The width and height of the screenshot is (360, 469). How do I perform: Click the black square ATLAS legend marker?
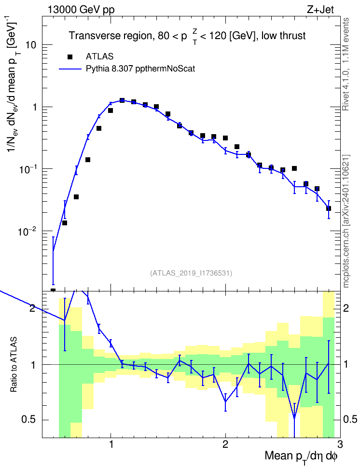[x=70, y=57]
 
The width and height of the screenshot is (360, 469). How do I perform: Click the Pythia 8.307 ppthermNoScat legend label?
[x=140, y=69]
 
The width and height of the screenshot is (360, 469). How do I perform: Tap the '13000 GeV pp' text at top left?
[x=81, y=10]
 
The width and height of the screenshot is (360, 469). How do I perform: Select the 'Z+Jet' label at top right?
[x=320, y=10]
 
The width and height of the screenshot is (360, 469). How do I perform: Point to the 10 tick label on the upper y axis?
[x=30, y=45]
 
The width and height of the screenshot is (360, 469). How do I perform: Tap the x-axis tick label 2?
[x=225, y=444]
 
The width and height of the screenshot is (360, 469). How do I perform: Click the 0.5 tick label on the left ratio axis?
[x=29, y=420]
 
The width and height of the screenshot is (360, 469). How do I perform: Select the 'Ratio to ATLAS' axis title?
[x=14, y=365]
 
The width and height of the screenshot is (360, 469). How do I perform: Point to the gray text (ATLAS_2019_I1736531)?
[x=191, y=273]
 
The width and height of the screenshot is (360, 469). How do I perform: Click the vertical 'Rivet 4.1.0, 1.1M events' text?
[x=346, y=64]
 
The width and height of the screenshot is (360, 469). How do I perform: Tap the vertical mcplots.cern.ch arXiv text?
[x=346, y=221]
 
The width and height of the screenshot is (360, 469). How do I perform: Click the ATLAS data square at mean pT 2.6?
[x=294, y=168]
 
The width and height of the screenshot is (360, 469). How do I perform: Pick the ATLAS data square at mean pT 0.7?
[x=76, y=197]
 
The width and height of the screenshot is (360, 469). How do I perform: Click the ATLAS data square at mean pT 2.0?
[x=225, y=138]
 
